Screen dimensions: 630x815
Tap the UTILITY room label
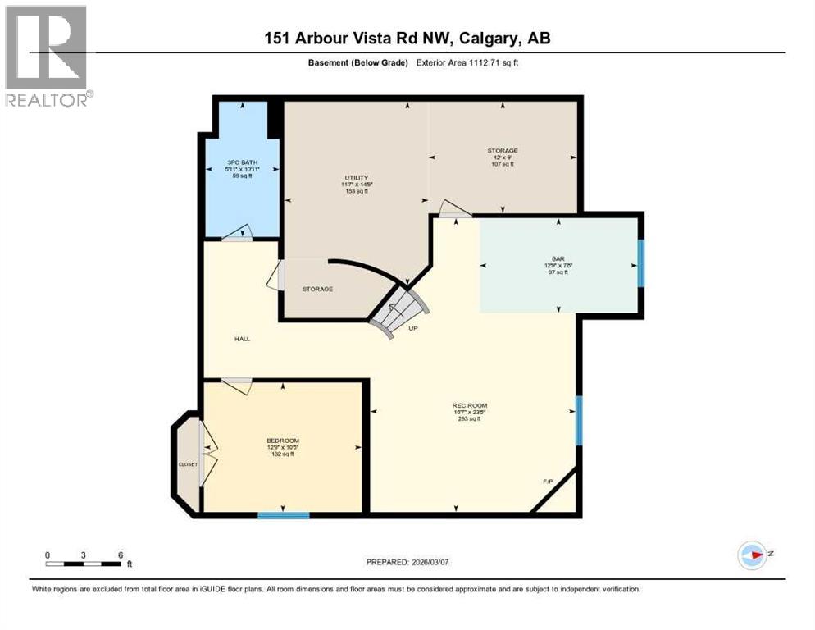355,178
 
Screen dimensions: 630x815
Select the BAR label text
558,259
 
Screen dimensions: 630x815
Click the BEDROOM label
280,441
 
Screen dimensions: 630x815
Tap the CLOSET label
188,464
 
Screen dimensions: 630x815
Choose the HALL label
241,338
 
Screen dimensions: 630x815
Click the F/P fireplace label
548,481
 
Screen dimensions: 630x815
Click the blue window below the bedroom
284,515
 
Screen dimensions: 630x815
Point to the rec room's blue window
578,420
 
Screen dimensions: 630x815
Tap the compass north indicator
753,555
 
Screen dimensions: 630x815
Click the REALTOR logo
48,57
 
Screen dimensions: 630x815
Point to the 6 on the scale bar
121,555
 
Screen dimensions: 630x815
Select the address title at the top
407,39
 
